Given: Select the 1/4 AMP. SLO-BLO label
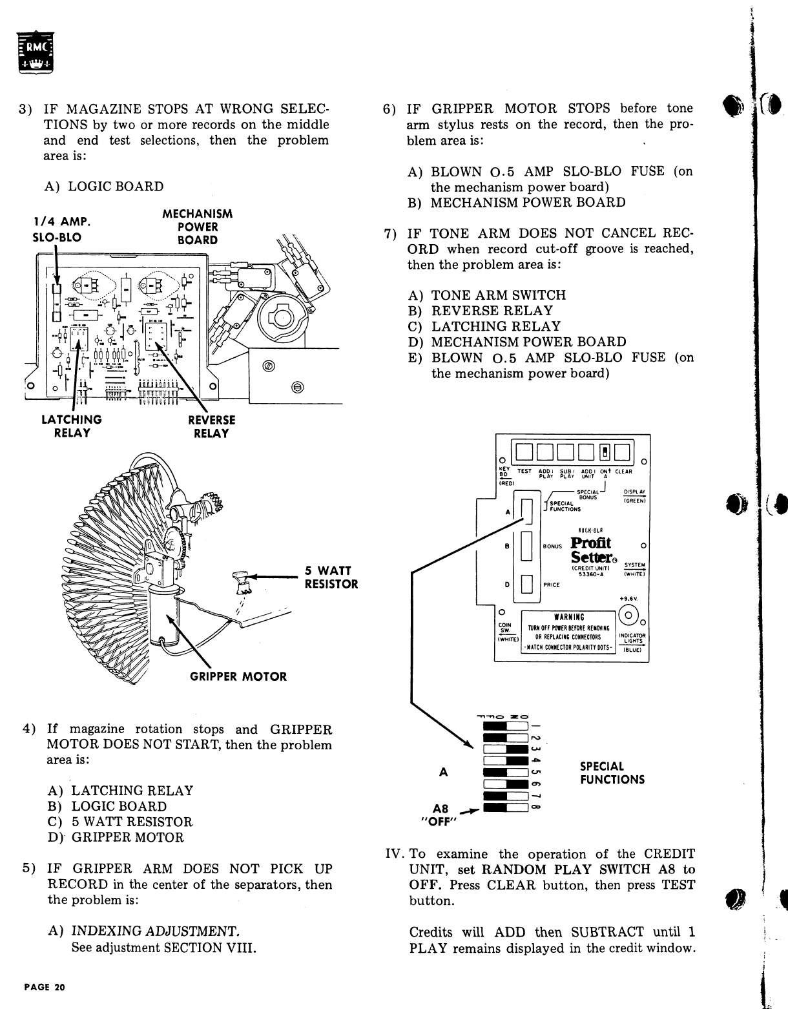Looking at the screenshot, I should [61, 229].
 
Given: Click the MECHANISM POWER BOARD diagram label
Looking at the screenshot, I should [197, 227].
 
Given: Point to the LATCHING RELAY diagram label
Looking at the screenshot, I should [72, 426].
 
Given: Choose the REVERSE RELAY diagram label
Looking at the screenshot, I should [211, 426].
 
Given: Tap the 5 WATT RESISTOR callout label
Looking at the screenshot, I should [331, 577].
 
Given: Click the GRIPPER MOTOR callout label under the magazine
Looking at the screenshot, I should [238, 676].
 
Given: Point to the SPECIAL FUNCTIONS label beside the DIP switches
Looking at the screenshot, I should [612, 773].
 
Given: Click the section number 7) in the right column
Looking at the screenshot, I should [389, 234].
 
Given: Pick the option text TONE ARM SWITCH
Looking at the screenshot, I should [498, 295].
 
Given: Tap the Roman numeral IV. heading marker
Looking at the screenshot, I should [395, 854].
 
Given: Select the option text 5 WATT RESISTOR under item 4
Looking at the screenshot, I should [132, 822].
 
